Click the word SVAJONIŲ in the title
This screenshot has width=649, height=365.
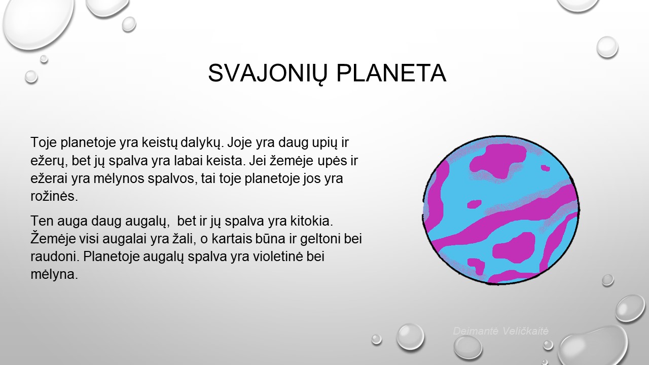click(267, 74)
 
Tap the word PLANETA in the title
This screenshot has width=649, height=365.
click(391, 73)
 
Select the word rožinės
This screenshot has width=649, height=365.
click(54, 196)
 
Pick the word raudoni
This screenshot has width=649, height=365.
click(55, 257)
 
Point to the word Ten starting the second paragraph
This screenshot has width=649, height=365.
click(42, 221)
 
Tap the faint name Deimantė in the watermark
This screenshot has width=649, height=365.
click(476, 331)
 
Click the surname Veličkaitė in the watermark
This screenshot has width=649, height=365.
click(526, 331)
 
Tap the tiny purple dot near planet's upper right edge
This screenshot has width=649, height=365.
click(546, 168)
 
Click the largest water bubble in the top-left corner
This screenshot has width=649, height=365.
click(38, 23)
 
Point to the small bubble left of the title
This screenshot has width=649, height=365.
click(31, 77)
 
